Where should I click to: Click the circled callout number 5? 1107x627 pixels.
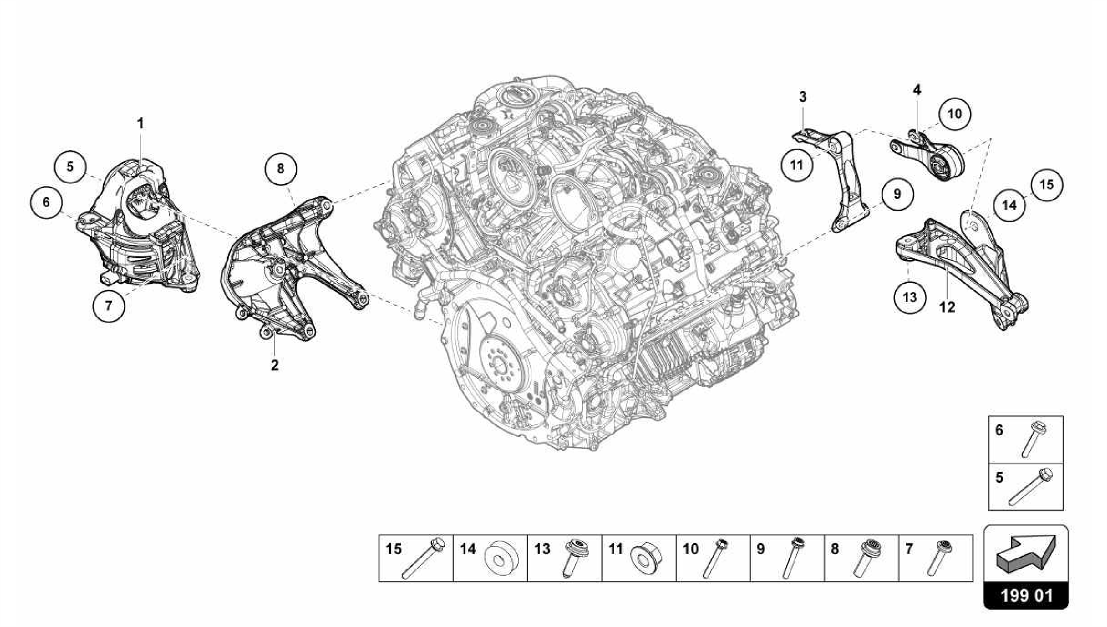pyautogui.click(x=70, y=166)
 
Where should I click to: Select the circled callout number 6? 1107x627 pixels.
pyautogui.click(x=46, y=202)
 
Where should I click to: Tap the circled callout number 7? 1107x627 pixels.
pyautogui.click(x=109, y=305)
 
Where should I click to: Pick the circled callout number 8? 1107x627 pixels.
pyautogui.click(x=281, y=169)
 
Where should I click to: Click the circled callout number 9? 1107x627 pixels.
pyautogui.click(x=897, y=194)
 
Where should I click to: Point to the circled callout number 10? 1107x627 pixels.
pyautogui.click(x=955, y=114)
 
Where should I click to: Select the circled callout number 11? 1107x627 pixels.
pyautogui.click(x=797, y=164)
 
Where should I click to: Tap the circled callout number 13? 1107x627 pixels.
pyautogui.click(x=910, y=297)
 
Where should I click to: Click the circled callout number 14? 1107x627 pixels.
pyautogui.click(x=1009, y=205)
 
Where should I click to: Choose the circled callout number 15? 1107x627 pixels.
pyautogui.click(x=1046, y=185)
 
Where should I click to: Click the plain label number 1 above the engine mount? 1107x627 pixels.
pyautogui.click(x=141, y=124)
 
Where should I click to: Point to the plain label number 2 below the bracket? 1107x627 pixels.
pyautogui.click(x=275, y=365)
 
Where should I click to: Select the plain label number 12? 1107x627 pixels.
pyautogui.click(x=947, y=307)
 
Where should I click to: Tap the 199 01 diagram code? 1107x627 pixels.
pyautogui.click(x=1026, y=596)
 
